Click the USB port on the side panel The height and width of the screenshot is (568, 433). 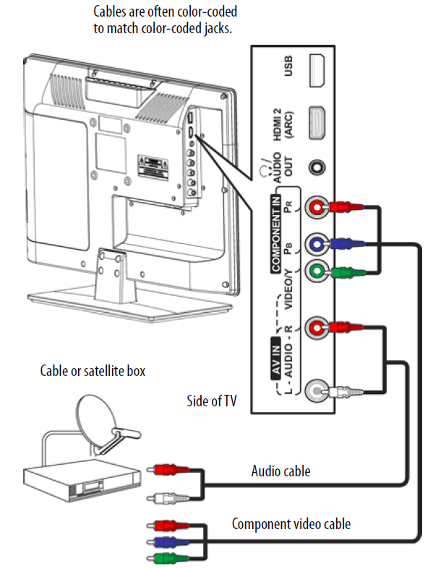coord(317,71)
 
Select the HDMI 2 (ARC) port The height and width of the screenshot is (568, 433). coord(317,123)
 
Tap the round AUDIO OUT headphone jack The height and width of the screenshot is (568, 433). coord(317,167)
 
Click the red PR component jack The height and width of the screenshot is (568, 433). coord(317,207)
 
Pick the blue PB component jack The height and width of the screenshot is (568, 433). coord(317,244)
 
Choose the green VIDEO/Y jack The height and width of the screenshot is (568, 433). coord(317,271)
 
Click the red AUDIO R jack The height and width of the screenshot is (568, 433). coord(317,328)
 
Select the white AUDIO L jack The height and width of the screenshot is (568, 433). coord(317,391)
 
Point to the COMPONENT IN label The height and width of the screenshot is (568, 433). coord(276,233)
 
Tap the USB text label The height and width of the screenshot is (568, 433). coord(288,66)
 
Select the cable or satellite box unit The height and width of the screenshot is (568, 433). coord(82,480)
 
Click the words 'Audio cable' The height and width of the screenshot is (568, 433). coord(281,471)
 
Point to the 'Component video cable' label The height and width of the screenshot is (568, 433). coord(291,524)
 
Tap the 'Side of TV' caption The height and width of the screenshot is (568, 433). coord(212,401)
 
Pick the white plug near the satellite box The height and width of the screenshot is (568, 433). coord(168,499)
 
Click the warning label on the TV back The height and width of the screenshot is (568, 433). coord(153,167)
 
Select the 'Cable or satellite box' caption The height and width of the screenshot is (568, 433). coord(93,370)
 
